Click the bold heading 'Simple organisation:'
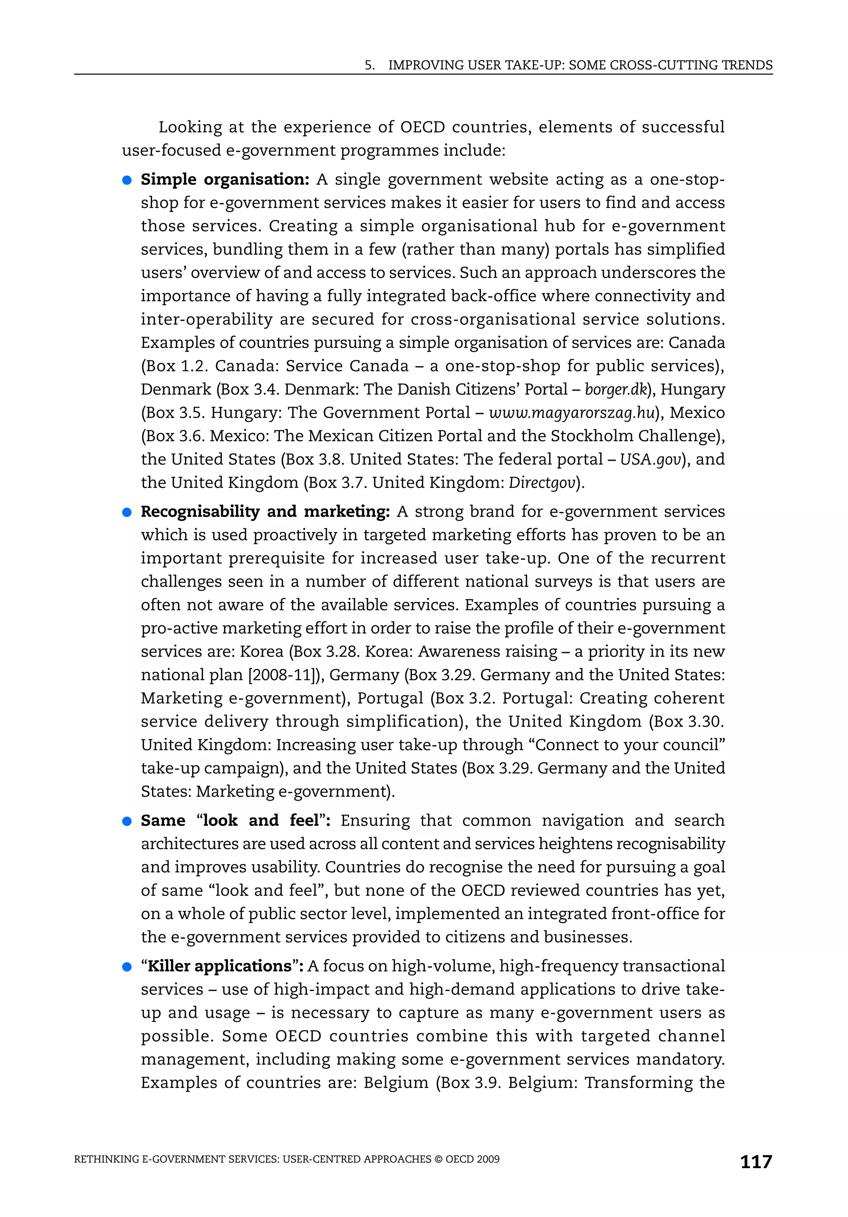[225, 180]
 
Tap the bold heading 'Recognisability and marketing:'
[265, 511]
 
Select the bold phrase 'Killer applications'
[219, 966]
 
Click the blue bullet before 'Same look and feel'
[127, 821]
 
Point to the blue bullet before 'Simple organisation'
[127, 180]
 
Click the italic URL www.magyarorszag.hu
[572, 413]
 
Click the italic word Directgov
[542, 483]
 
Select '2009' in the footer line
[488, 1159]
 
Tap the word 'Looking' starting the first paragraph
[190, 127]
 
